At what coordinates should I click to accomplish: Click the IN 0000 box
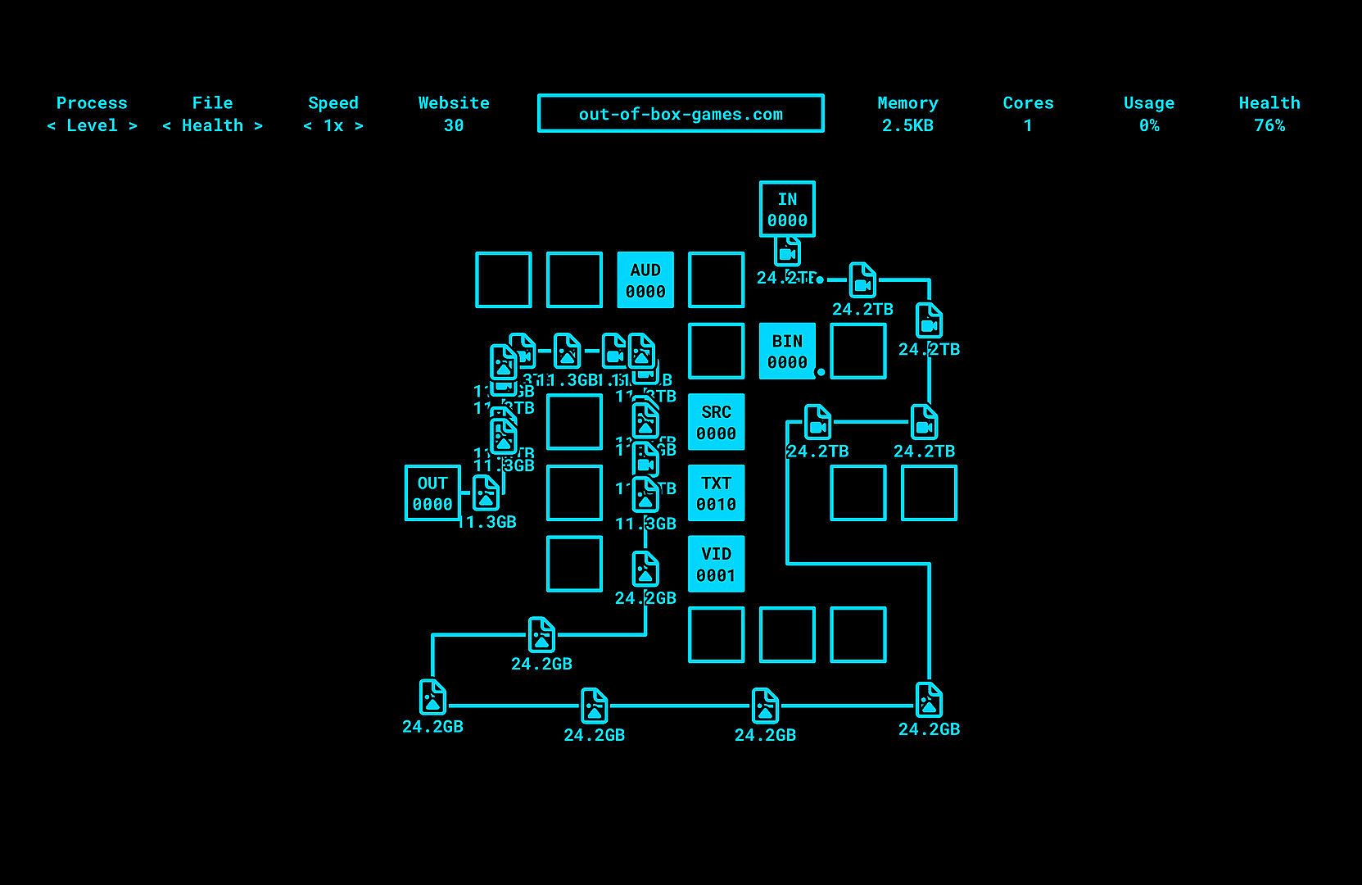tap(786, 209)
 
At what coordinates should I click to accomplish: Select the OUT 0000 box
tap(432, 493)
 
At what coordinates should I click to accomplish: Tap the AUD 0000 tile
tap(645, 280)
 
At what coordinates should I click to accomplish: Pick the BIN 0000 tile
tap(787, 351)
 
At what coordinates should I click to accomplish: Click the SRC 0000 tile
tap(716, 422)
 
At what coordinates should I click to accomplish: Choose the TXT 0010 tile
tap(716, 493)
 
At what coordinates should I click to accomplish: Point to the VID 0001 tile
tap(716, 564)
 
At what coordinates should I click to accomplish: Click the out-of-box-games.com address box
tap(681, 114)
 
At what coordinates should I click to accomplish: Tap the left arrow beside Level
tap(52, 125)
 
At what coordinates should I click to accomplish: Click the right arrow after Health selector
tap(258, 125)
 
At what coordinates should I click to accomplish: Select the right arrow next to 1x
tap(359, 125)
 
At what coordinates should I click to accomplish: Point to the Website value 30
tap(454, 125)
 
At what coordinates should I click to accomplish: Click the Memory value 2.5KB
tap(907, 125)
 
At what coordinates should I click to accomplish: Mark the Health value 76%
tap(1269, 125)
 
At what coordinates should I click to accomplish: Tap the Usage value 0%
tap(1148, 125)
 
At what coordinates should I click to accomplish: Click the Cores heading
tap(1028, 103)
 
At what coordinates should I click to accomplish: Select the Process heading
tap(92, 103)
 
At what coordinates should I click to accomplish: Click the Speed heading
tap(333, 103)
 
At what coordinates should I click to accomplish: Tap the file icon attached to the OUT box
tap(486, 493)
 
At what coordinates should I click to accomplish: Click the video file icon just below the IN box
tap(787, 250)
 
